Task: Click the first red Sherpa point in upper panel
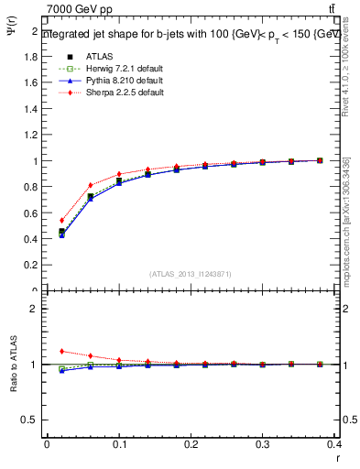click(61, 220)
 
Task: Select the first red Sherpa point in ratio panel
click(61, 351)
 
